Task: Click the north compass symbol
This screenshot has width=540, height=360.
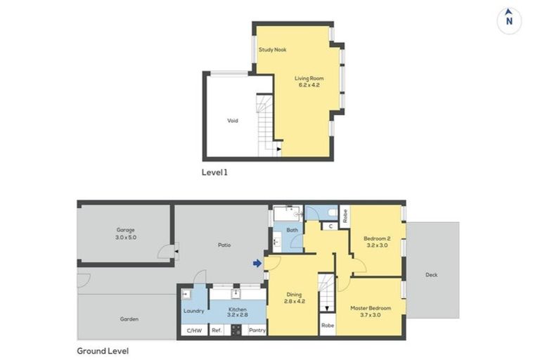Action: click(508, 20)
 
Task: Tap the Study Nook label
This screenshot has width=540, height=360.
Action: click(272, 50)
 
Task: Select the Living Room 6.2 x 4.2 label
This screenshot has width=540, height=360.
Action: click(309, 82)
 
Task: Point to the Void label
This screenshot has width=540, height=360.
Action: click(232, 121)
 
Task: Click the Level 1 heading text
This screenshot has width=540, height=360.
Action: click(214, 172)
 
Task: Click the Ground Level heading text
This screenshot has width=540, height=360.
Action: click(103, 350)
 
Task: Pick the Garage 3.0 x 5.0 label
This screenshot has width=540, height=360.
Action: click(126, 234)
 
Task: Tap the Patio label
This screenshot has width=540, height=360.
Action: click(224, 245)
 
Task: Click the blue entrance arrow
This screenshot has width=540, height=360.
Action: click(257, 263)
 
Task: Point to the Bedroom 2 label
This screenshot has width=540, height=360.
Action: click(377, 243)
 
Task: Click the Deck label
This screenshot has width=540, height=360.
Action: click(431, 275)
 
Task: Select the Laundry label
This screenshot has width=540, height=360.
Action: click(193, 311)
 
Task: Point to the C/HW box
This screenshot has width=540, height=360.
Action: click(193, 330)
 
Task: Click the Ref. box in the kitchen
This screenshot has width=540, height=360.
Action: click(217, 330)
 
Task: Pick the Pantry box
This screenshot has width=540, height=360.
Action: click(257, 330)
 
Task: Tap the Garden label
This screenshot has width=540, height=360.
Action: click(129, 319)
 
